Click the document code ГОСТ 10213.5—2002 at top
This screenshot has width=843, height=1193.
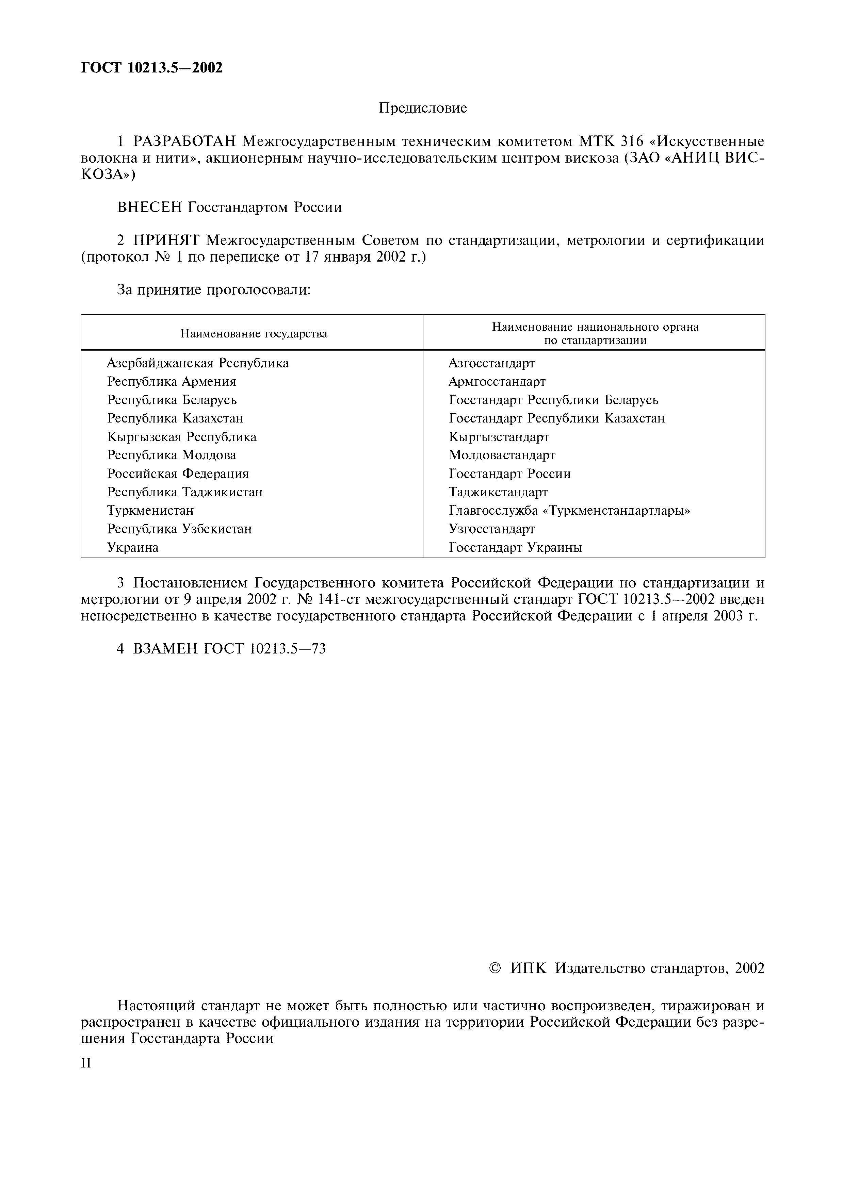coord(152,68)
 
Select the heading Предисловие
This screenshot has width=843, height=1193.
coord(423,108)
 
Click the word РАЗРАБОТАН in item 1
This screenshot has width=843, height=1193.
coord(185,141)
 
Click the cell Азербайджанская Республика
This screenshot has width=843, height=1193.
coord(197,363)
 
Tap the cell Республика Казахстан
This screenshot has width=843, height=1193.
coord(175,418)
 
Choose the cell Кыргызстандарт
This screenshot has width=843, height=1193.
coord(499,437)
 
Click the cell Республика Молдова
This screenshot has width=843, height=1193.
coord(172,455)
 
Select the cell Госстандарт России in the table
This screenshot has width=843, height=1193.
coord(509,474)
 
